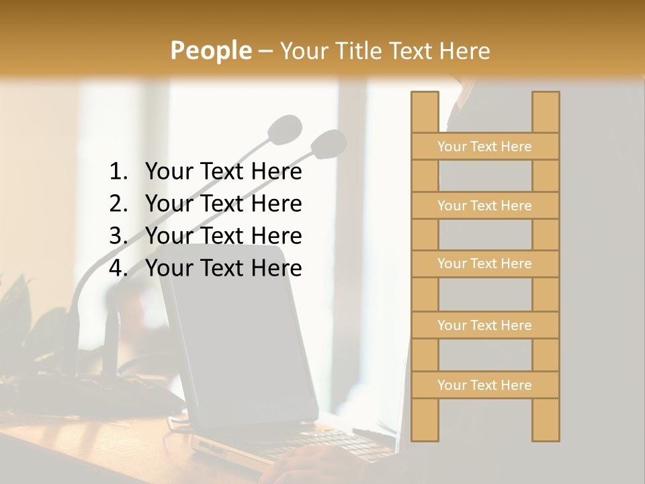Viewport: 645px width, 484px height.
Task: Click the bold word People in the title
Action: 210,50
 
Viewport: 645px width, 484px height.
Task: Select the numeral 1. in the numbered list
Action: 118,172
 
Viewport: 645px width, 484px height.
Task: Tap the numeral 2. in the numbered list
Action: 118,204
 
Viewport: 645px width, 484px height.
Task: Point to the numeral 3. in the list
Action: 118,236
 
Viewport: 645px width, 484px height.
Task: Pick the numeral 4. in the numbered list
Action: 118,268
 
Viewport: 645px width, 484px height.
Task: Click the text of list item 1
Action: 223,172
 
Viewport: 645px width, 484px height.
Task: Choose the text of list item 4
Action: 223,268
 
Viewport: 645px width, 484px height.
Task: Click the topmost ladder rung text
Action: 484,147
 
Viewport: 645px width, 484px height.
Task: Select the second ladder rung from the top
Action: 484,206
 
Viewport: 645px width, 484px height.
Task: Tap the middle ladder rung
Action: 484,264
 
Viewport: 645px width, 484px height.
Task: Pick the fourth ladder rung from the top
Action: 484,325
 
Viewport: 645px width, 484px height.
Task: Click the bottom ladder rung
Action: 484,385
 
